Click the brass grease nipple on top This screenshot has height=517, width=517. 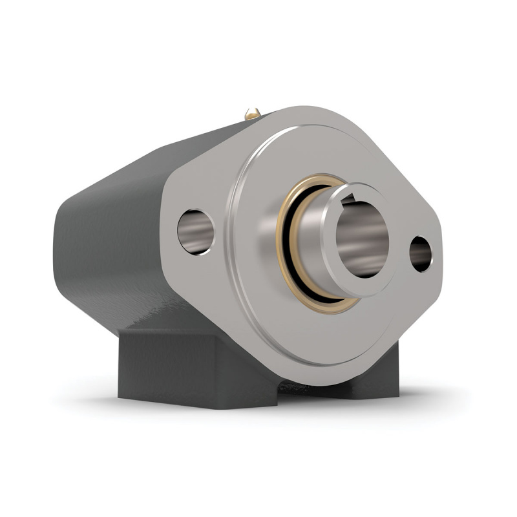pos(253,114)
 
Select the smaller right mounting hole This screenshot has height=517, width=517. pos(421,253)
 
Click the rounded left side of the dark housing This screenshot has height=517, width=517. pos(78,246)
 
